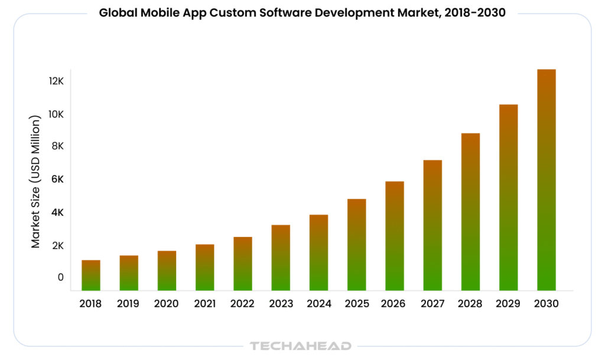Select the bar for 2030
click(547, 180)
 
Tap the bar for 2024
click(318, 252)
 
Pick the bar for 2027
click(432, 225)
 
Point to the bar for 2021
click(205, 267)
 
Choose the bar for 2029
click(508, 197)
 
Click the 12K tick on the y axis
click(56, 81)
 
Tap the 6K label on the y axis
click(56, 179)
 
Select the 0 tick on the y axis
click(60, 277)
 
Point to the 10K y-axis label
click(56, 113)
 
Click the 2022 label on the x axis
click(243, 304)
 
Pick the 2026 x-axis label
click(395, 304)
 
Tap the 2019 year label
click(129, 304)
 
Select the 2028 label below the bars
click(470, 304)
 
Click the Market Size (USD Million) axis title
click(36, 180)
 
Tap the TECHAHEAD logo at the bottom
click(301, 346)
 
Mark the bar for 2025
click(357, 245)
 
